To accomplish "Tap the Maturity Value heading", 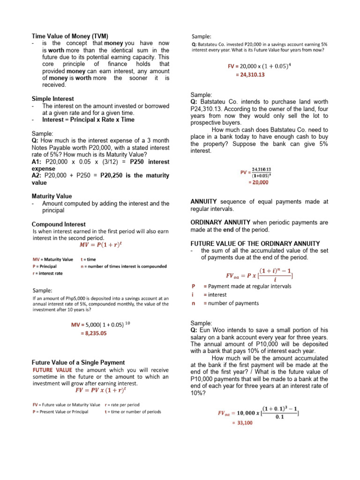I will [52, 196].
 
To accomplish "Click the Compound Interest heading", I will [59, 224].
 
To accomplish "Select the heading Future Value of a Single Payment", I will [78, 362].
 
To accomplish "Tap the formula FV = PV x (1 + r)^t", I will [101, 390].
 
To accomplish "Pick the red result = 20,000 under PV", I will [258, 182].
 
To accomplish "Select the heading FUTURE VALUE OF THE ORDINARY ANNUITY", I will [255, 243].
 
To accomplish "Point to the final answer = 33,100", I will [242, 422].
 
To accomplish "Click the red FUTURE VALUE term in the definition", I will [52, 369].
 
